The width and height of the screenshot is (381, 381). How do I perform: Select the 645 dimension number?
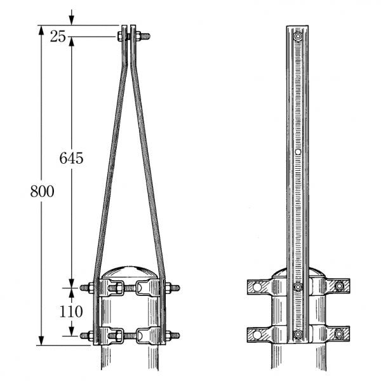[x=72, y=158]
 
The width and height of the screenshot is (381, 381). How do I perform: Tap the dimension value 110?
[x=72, y=311]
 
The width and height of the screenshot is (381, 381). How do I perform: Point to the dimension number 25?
[x=58, y=36]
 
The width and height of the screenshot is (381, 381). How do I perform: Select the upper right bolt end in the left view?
[x=175, y=290]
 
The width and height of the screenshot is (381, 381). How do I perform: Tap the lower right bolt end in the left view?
[x=175, y=335]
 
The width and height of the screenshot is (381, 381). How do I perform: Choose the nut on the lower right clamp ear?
[x=341, y=334]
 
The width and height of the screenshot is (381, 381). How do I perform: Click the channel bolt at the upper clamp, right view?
[x=298, y=288]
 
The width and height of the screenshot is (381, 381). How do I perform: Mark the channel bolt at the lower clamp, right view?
[x=298, y=334]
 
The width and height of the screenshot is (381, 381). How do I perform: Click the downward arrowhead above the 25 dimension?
[x=72, y=22]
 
